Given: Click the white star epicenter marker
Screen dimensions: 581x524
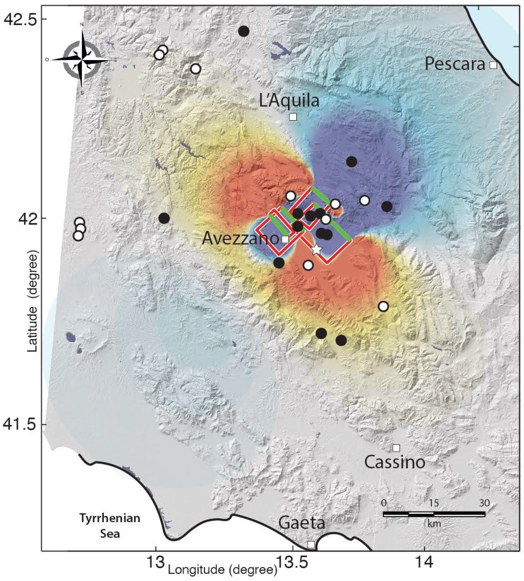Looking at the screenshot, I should click(x=316, y=249).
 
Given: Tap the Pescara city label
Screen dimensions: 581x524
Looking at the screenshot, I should click(x=455, y=64).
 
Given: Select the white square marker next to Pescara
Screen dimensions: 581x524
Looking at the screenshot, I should click(x=493, y=65).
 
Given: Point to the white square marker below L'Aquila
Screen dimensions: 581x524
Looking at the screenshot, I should click(x=293, y=117).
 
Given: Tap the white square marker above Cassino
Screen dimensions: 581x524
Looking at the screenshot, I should click(x=396, y=448).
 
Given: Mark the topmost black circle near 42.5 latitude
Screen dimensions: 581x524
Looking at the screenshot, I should click(x=244, y=31).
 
